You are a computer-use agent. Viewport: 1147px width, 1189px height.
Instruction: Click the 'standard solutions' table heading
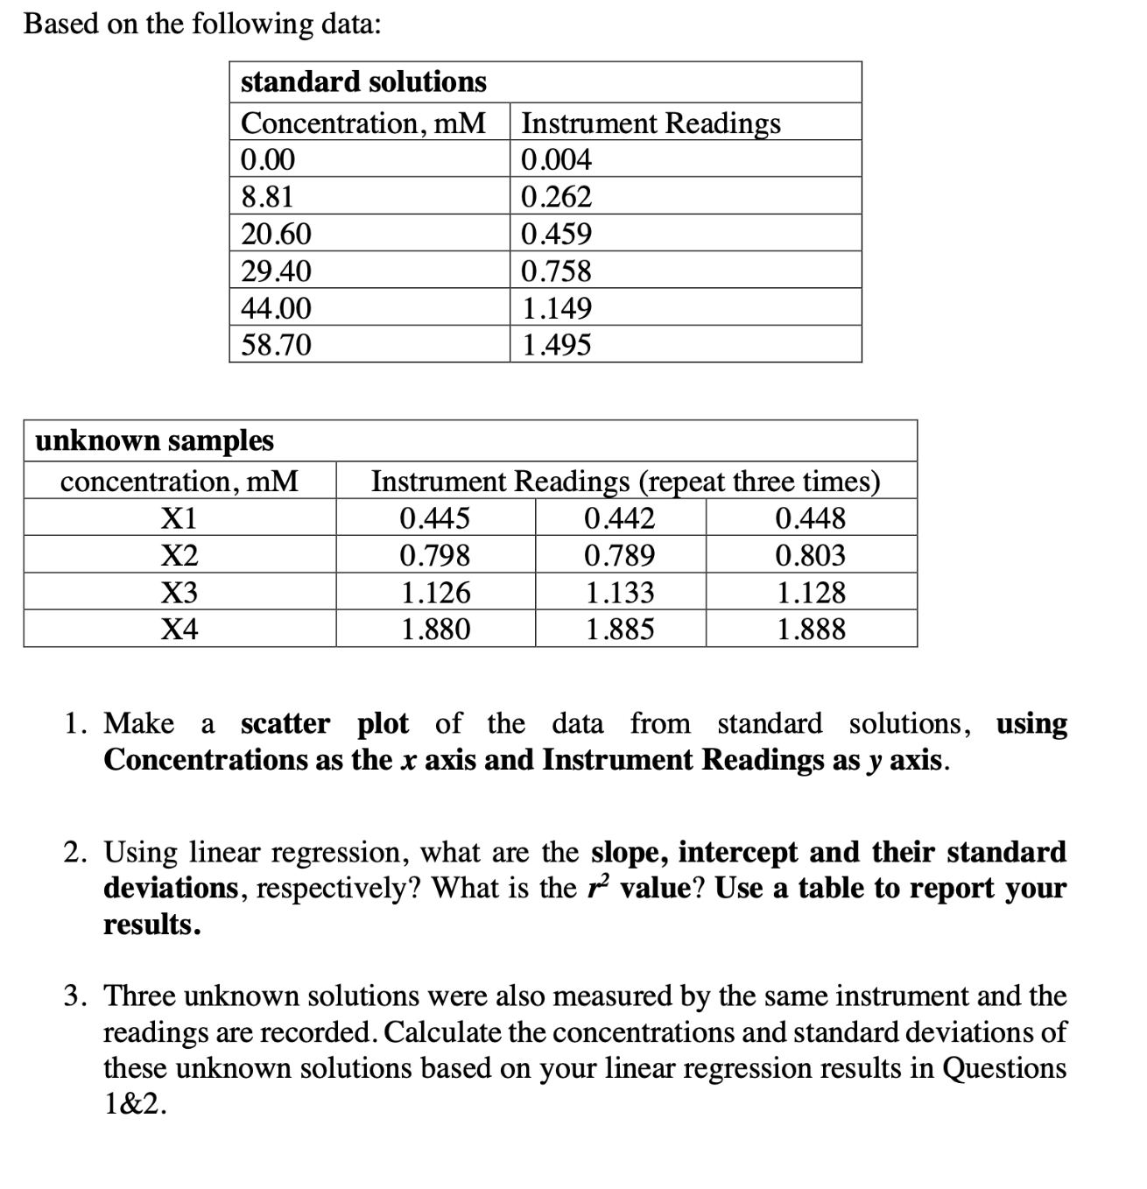[x=363, y=82]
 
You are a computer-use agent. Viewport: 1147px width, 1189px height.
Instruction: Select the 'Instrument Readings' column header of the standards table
[x=651, y=123]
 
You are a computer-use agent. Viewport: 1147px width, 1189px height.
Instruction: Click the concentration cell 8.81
[x=267, y=197]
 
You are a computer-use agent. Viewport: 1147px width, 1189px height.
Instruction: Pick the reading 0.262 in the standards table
[x=556, y=197]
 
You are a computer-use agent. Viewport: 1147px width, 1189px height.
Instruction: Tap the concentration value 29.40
[x=276, y=271]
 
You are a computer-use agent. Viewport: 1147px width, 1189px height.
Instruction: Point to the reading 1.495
[x=556, y=345]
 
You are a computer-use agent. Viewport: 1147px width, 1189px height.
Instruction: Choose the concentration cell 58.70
[x=276, y=345]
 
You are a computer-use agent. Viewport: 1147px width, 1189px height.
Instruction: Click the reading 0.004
[x=556, y=160]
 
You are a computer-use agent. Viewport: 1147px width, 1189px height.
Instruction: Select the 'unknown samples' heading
[x=154, y=440]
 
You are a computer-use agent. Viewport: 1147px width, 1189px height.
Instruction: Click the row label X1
[x=179, y=518]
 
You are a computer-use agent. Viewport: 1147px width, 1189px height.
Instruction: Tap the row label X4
[x=179, y=629]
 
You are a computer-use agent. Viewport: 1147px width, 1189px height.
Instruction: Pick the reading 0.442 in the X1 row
[x=619, y=518]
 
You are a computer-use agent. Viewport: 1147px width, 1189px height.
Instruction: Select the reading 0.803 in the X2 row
[x=811, y=555]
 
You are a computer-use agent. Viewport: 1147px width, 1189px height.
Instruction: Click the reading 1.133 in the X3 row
[x=619, y=593]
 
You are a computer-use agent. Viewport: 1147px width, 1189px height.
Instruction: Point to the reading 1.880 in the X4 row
[x=435, y=629]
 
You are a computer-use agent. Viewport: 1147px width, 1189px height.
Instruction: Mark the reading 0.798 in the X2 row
[x=435, y=555]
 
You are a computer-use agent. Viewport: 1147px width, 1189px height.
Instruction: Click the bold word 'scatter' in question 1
[x=285, y=724]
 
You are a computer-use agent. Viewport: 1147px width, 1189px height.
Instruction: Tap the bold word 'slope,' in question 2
[x=630, y=852]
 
